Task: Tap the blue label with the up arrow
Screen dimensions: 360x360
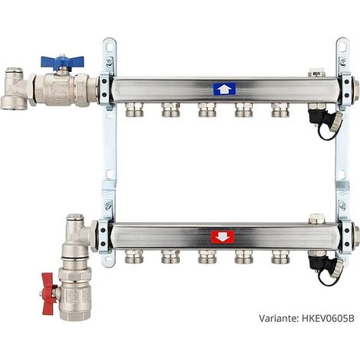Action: (x=224, y=89)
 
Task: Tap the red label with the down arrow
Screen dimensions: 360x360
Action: (x=223, y=237)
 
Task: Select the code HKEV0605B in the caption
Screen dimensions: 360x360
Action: (x=328, y=319)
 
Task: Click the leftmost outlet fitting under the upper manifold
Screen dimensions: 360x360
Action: (x=134, y=110)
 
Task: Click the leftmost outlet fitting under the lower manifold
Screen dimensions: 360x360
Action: (x=134, y=257)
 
